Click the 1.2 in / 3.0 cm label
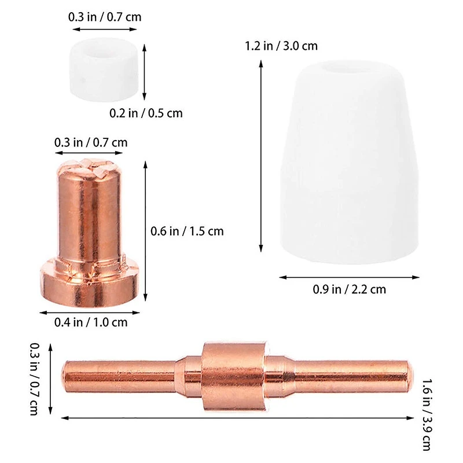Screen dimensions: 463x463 coord(282,46)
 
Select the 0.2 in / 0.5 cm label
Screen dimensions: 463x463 coord(146,113)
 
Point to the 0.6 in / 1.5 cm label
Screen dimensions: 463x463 coord(188,231)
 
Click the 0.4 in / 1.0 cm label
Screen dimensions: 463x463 coord(90,322)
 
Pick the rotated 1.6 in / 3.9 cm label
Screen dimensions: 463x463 coord(428,413)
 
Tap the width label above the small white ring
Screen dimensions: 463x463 coord(105,17)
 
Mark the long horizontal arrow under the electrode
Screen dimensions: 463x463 coord(237,417)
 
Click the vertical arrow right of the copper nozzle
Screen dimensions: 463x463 coord(145,231)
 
